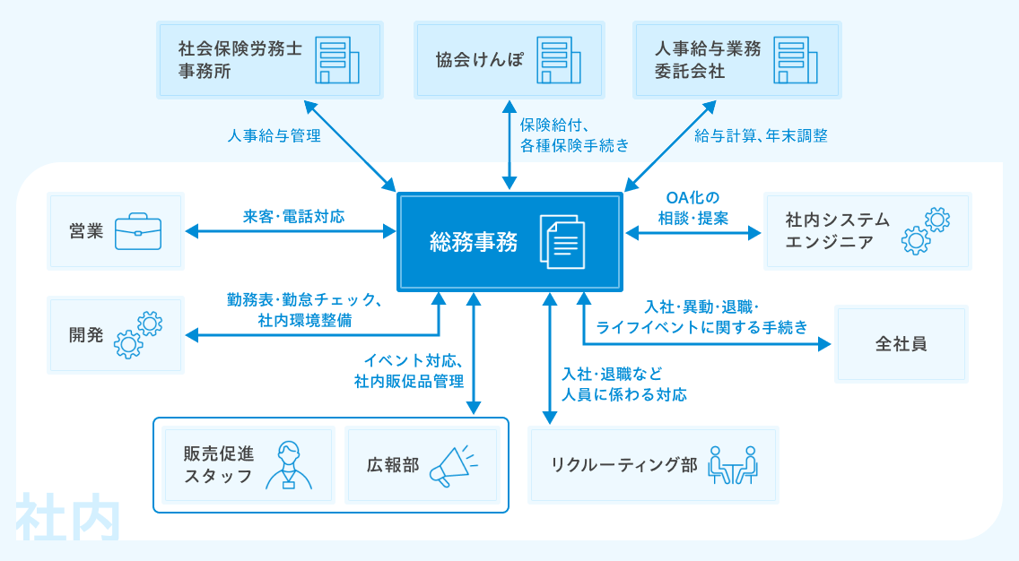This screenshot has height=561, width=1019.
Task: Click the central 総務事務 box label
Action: [x=474, y=242]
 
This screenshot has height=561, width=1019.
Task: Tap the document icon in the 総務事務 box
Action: [x=562, y=242]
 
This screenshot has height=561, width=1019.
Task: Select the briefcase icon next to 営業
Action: [x=138, y=231]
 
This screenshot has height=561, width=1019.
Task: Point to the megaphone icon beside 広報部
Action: [x=454, y=465]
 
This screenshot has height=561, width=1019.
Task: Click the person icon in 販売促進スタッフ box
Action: [x=289, y=465]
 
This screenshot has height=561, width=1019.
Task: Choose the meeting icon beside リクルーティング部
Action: [x=733, y=465]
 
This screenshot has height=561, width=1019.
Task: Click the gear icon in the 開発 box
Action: [x=138, y=335]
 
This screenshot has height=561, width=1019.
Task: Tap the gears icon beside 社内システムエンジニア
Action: [x=926, y=231]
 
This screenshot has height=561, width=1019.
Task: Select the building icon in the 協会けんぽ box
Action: [x=559, y=60]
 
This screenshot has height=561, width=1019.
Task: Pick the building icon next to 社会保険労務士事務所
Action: [x=337, y=60]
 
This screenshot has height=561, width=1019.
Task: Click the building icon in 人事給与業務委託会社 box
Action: [x=796, y=60]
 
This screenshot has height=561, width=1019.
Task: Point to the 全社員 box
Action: [x=901, y=344]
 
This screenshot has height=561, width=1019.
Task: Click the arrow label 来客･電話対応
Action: [x=293, y=216]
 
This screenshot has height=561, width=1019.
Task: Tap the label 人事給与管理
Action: [x=274, y=135]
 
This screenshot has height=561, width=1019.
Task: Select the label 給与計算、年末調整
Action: [x=761, y=135]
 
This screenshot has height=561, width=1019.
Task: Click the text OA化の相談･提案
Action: [x=693, y=208]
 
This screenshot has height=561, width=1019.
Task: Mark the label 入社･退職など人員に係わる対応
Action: [x=624, y=384]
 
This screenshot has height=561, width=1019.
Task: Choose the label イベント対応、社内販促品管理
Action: [x=409, y=371]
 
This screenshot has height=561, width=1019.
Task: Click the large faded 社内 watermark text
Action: [x=68, y=517]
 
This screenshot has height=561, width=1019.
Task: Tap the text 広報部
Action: [x=393, y=465]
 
